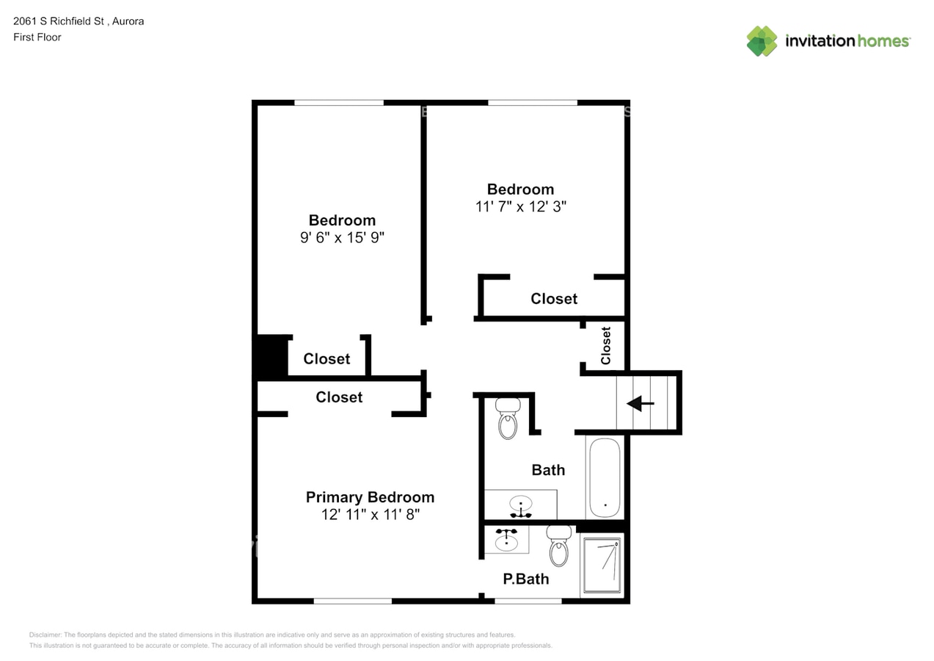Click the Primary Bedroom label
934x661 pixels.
coord(371,497)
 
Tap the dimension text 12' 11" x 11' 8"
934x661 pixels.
coord(371,515)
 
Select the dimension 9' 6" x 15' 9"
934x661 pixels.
coord(342,237)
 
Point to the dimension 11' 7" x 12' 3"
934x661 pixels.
coord(521,206)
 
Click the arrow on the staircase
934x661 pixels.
coord(640,403)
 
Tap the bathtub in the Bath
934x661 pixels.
coord(605,477)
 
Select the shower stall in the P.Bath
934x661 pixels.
coord(602,566)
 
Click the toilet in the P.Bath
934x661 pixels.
coord(559,546)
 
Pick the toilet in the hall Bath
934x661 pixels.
coord(508,419)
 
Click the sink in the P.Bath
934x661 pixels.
coord(506,540)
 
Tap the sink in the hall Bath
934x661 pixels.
coord(521,506)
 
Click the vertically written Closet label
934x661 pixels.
coord(606,345)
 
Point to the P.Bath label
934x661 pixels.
coord(526,579)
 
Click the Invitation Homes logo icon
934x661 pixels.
coord(762,41)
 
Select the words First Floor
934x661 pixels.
coord(37,37)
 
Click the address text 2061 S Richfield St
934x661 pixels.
coord(59,21)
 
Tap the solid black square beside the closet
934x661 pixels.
coord(271,357)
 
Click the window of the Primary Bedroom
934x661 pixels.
coord(353,601)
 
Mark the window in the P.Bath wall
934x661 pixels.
coord(528,601)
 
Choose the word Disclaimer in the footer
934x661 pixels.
coord(45,635)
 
